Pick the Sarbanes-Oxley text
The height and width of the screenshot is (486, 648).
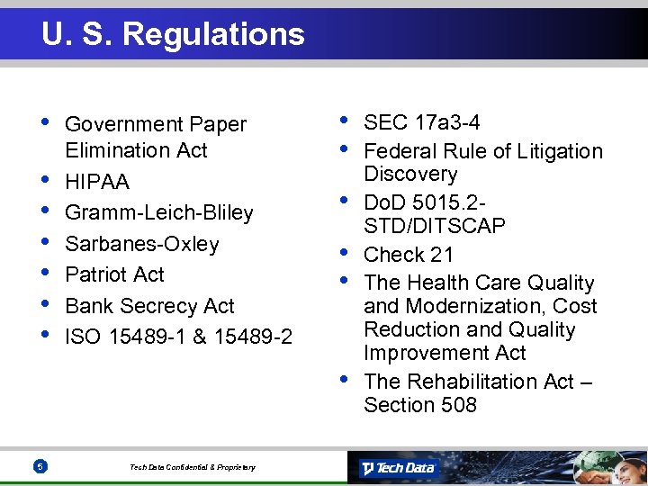[x=142, y=244]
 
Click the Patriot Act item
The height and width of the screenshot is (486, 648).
[x=115, y=274]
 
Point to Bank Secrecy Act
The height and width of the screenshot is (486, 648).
[x=149, y=306]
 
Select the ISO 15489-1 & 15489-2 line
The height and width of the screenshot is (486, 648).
[x=178, y=337]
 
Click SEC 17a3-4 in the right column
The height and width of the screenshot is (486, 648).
[x=421, y=122]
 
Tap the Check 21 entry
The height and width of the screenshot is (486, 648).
[x=409, y=255]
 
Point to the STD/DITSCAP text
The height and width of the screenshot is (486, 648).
[x=435, y=225]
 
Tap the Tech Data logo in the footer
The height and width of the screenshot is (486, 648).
[x=398, y=468]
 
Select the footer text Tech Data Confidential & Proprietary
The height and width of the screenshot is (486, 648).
[x=193, y=467]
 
